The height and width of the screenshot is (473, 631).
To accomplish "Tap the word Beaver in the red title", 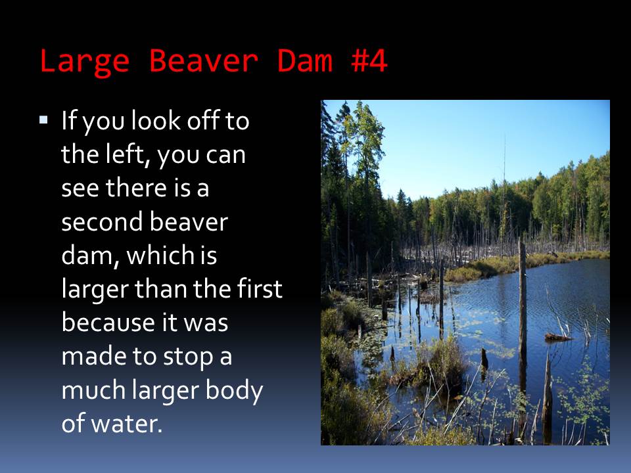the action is (x=204, y=60).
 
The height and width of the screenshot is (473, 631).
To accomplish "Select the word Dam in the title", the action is (x=305, y=60).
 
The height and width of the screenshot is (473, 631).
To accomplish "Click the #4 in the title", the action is (x=369, y=60).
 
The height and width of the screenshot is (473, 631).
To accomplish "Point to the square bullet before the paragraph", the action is (x=43, y=120).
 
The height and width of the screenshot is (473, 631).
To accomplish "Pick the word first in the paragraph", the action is (x=260, y=289).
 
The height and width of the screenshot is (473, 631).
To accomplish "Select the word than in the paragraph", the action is (x=161, y=289).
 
